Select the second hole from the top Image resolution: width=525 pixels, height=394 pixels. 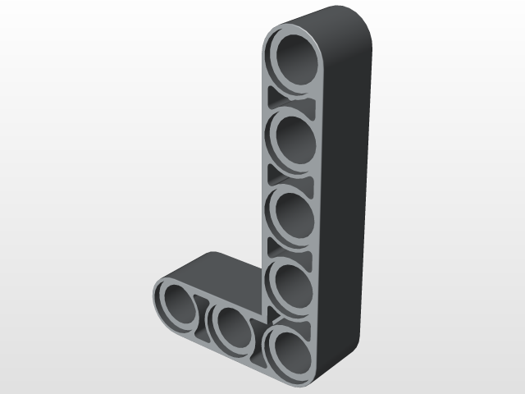293,137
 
